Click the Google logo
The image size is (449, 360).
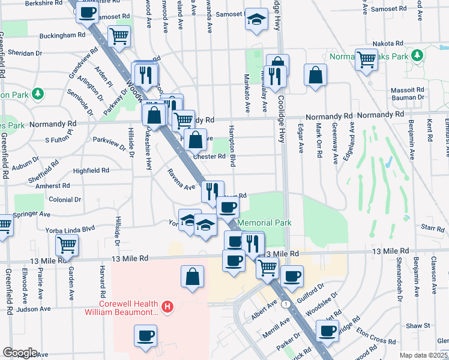20,353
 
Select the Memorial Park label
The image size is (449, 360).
265,223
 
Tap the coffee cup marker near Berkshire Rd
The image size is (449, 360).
87,12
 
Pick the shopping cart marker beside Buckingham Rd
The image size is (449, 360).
119,36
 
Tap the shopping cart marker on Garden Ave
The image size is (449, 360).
67,245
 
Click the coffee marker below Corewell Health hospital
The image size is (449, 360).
145,335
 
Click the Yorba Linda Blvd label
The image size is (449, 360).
71,229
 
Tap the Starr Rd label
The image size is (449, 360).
432,228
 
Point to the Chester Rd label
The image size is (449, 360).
209,157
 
